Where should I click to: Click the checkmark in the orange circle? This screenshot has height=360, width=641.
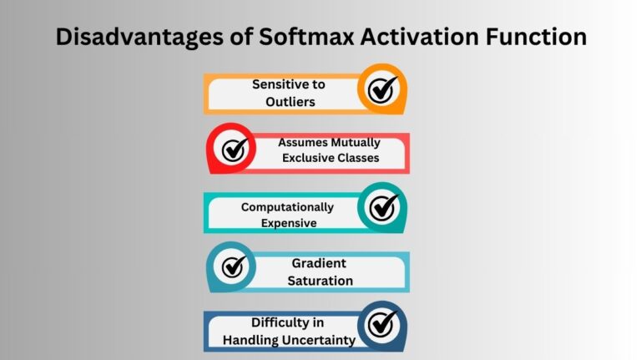pyautogui.click(x=382, y=89)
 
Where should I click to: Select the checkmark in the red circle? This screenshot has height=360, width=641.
pyautogui.click(x=233, y=149)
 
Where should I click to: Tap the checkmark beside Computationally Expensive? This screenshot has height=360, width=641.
pyautogui.click(x=382, y=207)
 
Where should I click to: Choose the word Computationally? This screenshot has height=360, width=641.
pyautogui.click(x=287, y=207)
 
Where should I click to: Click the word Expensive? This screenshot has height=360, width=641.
pyautogui.click(x=289, y=222)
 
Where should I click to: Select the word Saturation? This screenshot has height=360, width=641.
pyautogui.click(x=320, y=280)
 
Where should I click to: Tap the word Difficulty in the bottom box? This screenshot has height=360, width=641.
pyautogui.click(x=277, y=322)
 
